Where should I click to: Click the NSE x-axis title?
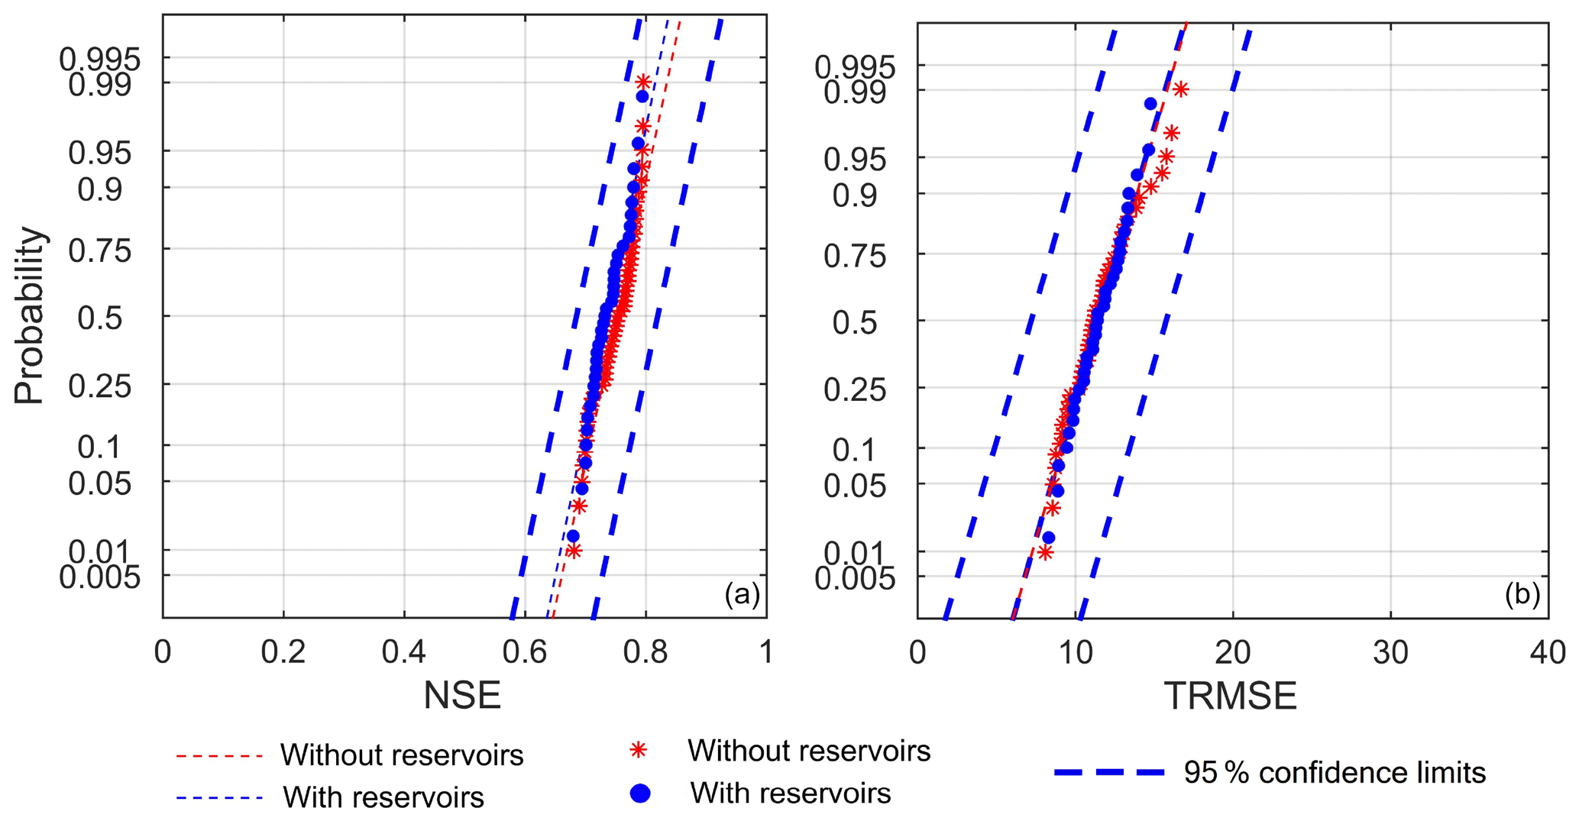(462, 695)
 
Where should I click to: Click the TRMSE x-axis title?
(1230, 696)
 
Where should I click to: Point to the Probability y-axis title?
(30, 315)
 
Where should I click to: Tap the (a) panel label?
(742, 593)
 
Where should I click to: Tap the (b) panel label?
(1522, 594)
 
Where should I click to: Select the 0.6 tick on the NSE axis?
(525, 652)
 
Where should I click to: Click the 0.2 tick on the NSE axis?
(283, 652)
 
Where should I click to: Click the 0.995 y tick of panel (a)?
(100, 59)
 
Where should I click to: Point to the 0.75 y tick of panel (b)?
(855, 256)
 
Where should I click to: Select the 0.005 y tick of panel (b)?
(855, 578)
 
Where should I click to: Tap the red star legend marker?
(639, 751)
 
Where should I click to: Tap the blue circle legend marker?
(639, 794)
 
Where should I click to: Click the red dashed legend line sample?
(220, 756)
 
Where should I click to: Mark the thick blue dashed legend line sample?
(1109, 773)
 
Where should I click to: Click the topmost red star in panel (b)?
(1181, 90)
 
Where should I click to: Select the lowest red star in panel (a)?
(574, 551)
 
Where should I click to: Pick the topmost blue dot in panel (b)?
(1150, 104)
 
